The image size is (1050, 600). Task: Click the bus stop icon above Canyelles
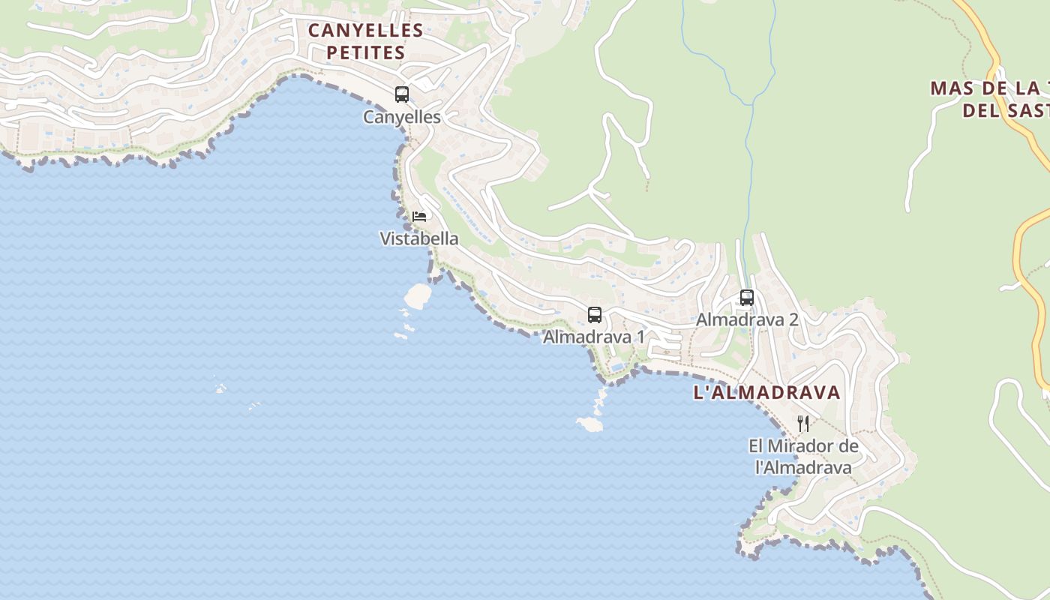coord(402,94)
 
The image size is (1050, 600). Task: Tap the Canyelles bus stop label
coord(402,117)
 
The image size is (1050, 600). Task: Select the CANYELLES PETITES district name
coord(366,41)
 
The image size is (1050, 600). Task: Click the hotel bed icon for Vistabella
coord(419,217)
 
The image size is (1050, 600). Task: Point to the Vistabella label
coord(419,239)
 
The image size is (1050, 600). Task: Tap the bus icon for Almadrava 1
coord(595,315)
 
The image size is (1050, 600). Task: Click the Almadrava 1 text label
coord(594,337)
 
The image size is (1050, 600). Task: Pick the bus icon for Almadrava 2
coord(746,298)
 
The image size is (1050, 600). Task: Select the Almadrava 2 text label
coord(747,319)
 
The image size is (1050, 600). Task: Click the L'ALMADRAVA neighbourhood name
coord(767,392)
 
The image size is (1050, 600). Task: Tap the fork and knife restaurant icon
coord(803,424)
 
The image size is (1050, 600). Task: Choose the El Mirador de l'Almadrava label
coord(803,457)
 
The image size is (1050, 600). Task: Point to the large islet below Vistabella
coord(418,295)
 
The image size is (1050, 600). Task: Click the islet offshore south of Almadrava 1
coord(590,424)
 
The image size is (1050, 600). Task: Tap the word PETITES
coord(366,52)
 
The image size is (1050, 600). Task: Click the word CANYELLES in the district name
coord(366,31)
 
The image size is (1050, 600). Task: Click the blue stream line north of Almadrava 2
coord(751,150)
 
